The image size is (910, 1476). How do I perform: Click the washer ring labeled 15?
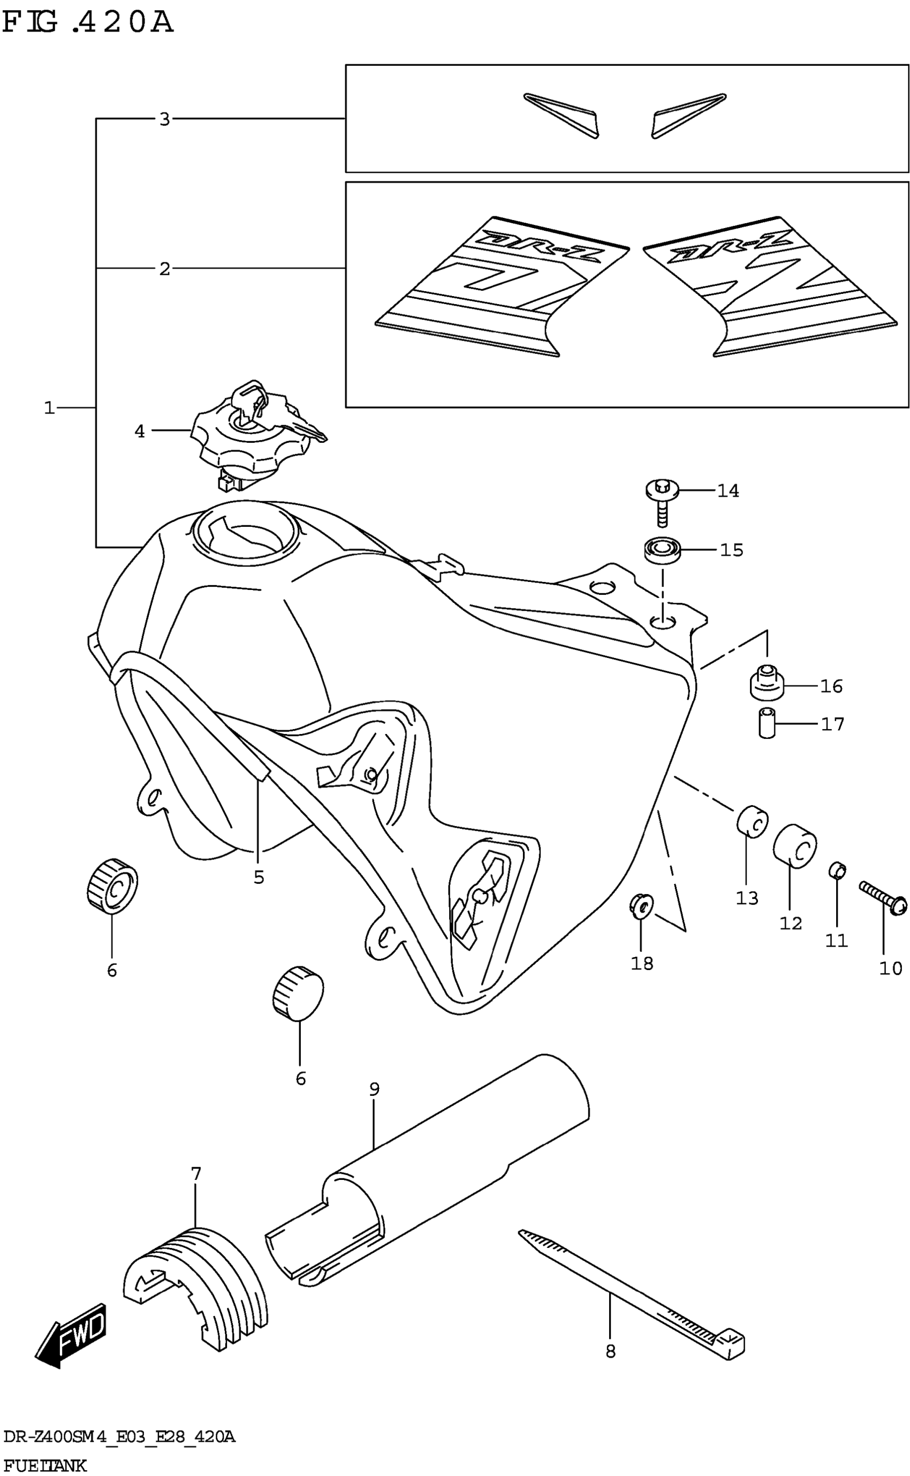tap(662, 550)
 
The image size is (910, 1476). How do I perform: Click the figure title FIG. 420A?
tap(88, 23)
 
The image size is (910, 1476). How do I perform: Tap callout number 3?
tap(165, 119)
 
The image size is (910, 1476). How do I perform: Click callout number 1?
tap(49, 408)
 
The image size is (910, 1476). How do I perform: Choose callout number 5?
tap(259, 877)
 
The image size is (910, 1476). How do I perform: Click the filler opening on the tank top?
tap(244, 533)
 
